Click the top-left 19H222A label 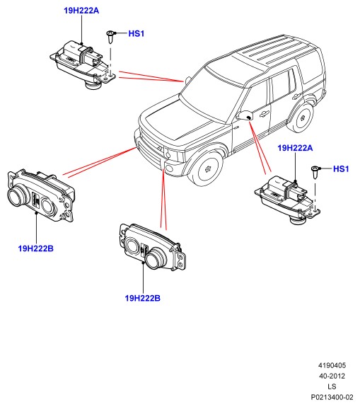coord(81,11)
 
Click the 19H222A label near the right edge coord(295,148)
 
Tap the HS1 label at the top coord(137,33)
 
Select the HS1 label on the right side coord(341,169)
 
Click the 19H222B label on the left coord(36,248)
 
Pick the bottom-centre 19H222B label coord(143,298)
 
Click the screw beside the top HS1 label coord(111,37)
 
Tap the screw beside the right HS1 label coord(315,172)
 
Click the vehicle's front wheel coord(207,169)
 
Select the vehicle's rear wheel coord(301,118)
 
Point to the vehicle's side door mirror coord(245,115)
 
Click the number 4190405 coord(332,365)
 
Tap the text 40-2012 coord(332,376)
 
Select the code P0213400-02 coord(332,397)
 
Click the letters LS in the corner coord(332,386)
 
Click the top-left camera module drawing coord(83,65)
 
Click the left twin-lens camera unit coord(41,196)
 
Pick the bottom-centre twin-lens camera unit coord(153,247)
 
